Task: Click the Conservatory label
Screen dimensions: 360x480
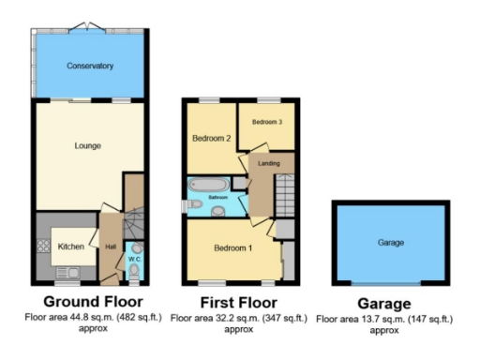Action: (89, 67)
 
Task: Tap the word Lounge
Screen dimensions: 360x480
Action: (87, 145)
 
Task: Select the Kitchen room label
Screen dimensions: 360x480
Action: (71, 247)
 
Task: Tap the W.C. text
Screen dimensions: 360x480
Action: (133, 258)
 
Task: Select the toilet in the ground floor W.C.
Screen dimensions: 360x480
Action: (133, 273)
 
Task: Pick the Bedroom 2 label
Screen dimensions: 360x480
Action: (211, 138)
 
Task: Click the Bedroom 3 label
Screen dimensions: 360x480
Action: (266, 122)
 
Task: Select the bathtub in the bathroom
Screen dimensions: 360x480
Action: (207, 186)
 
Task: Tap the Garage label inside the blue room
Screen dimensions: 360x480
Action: (390, 243)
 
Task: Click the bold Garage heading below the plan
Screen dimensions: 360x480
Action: (384, 304)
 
